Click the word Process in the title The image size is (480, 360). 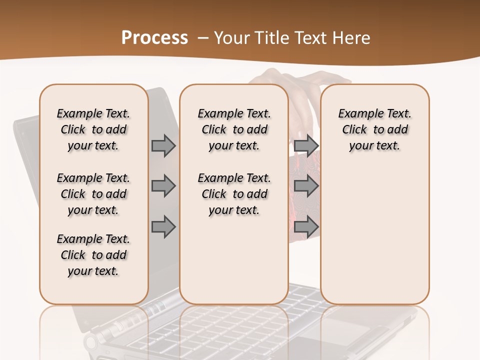click(154, 38)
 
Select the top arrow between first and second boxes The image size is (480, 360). click(163, 145)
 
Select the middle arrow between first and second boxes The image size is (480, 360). click(163, 186)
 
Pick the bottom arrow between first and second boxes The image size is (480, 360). click(163, 227)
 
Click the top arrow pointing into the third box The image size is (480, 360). click(306, 145)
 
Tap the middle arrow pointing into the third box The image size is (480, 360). click(306, 186)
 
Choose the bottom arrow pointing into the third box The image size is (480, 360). click(306, 227)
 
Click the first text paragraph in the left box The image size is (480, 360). click(93, 129)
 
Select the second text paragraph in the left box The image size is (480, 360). click(93, 194)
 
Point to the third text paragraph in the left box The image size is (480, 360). click(93, 255)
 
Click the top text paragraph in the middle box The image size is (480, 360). click(234, 129)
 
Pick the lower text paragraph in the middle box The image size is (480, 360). click(234, 194)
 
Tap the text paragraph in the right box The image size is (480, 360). click(374, 129)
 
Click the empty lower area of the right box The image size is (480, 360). click(374, 240)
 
